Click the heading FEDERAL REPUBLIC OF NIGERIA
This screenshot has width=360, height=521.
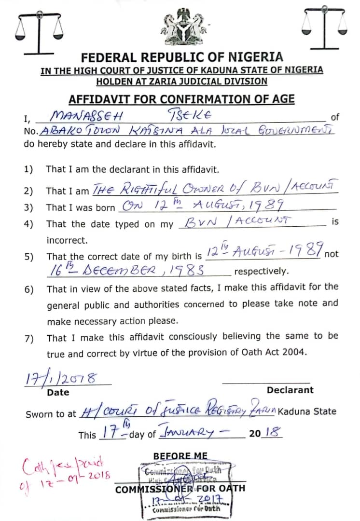tap(182, 57)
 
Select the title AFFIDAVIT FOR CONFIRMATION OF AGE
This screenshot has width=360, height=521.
tap(181, 99)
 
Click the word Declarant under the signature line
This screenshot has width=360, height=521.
tap(290, 390)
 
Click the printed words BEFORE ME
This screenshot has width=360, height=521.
tap(180, 456)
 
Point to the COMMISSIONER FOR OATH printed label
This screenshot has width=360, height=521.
tap(180, 489)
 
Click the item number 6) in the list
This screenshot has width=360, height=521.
tap(28, 289)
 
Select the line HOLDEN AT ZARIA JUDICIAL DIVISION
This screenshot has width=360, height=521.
tap(181, 82)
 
